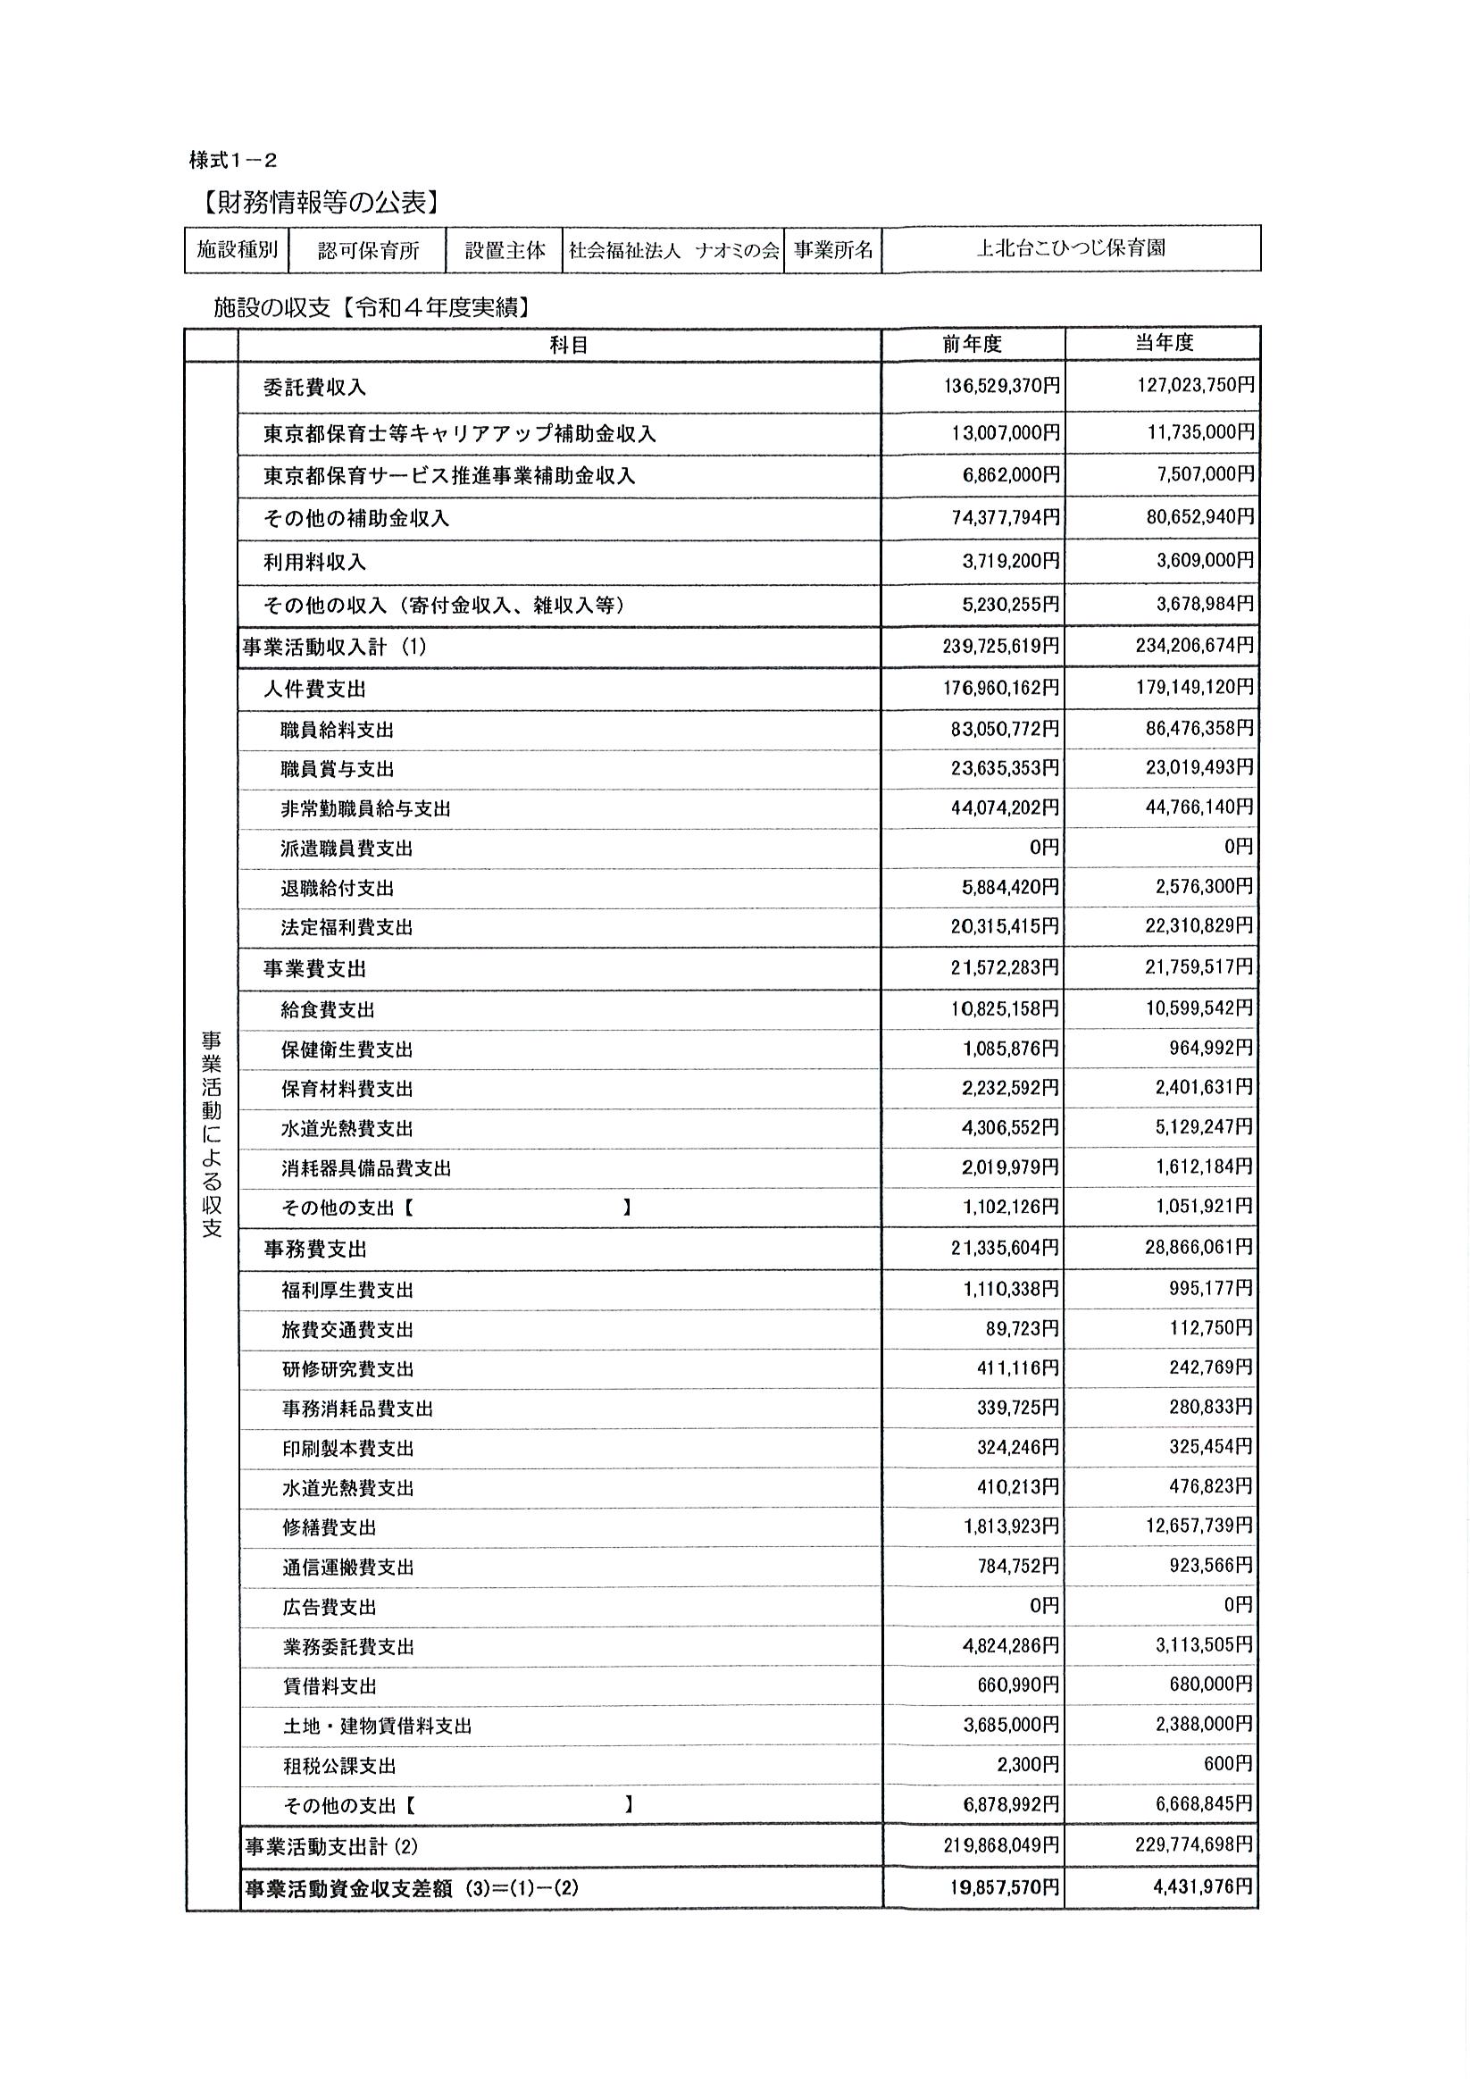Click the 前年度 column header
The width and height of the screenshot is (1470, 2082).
pyautogui.click(x=972, y=344)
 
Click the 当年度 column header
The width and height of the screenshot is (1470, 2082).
pyautogui.click(x=1165, y=343)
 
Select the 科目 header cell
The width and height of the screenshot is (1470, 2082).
pyautogui.click(x=569, y=345)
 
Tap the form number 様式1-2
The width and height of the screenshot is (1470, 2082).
pyautogui.click(x=233, y=161)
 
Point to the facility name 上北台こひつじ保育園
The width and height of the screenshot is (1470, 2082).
pyautogui.click(x=1070, y=248)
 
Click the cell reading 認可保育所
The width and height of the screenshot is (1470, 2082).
pyautogui.click(x=368, y=250)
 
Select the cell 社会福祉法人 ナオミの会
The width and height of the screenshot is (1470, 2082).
pyautogui.click(x=672, y=250)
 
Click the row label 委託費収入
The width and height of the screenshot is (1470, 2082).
pyautogui.click(x=314, y=388)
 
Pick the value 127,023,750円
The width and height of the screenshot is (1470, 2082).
pyautogui.click(x=1195, y=385)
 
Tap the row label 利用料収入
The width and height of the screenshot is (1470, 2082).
pyautogui.click(x=314, y=562)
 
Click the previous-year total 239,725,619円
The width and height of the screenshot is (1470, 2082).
pyautogui.click(x=1000, y=647)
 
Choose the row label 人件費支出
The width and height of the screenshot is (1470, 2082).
pyautogui.click(x=314, y=690)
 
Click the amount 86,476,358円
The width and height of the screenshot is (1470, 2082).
pyautogui.click(x=1199, y=728)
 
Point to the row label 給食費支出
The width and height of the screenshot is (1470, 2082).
pyautogui.click(x=328, y=1009)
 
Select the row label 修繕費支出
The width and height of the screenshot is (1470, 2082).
pyautogui.click(x=330, y=1528)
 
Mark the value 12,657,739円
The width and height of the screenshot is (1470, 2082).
pyautogui.click(x=1199, y=1526)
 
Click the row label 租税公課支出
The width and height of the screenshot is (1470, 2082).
pyautogui.click(x=339, y=1767)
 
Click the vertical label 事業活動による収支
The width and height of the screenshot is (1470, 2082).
pyautogui.click(x=212, y=1133)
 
